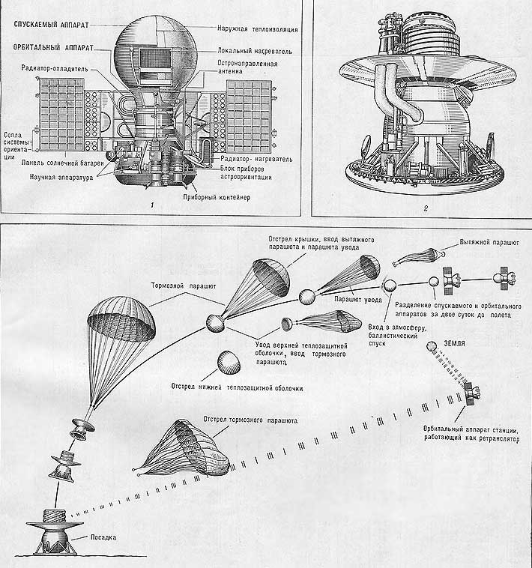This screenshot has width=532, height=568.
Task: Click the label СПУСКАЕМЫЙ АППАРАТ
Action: (51, 25)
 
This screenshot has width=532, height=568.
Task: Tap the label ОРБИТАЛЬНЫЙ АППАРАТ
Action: (54, 47)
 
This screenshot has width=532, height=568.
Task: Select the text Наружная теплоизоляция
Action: (258, 29)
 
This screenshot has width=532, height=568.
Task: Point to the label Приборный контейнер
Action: (217, 197)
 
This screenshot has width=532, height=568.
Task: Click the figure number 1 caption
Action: (152, 205)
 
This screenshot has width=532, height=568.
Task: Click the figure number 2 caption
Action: (426, 208)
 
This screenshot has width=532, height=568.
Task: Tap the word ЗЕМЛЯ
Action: (454, 343)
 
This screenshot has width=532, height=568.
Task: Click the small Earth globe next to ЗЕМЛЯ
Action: (432, 346)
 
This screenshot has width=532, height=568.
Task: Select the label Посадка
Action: (103, 537)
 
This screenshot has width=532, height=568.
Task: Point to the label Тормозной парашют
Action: (184, 285)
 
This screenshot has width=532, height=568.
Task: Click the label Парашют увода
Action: (358, 300)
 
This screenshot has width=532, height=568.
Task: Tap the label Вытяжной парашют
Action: (489, 242)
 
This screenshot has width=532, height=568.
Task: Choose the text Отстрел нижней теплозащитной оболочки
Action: (237, 388)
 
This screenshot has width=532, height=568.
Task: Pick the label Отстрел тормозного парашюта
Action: (250, 420)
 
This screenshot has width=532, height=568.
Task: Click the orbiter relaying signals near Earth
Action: (471, 393)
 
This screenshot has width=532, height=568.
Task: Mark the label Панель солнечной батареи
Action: (62, 163)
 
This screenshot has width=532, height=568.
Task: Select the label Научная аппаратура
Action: (61, 177)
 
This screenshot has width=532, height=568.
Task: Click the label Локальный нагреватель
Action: (255, 51)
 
